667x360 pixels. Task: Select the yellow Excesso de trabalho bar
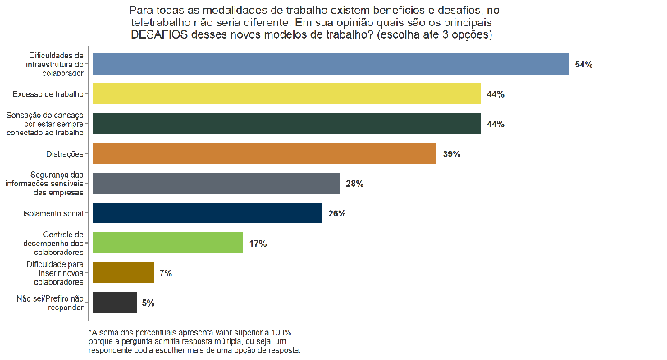tap(286, 93)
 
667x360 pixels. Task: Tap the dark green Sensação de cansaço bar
tap(286, 123)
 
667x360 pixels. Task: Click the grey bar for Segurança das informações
tap(216, 183)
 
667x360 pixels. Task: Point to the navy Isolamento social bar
tap(207, 213)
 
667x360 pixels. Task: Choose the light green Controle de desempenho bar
tap(167, 243)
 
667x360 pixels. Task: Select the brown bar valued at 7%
tap(123, 272)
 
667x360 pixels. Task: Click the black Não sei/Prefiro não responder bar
tap(114, 303)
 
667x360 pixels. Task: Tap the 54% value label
tap(583, 64)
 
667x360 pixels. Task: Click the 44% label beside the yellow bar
tap(495, 93)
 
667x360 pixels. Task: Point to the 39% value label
tap(451, 153)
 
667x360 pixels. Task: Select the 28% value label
tap(354, 184)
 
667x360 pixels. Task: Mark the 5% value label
tap(148, 303)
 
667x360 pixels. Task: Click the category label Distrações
tap(65, 153)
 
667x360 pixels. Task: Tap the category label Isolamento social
tap(54, 213)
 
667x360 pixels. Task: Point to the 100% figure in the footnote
tap(281, 331)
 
